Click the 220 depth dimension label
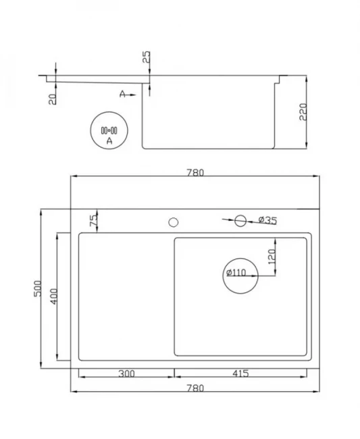point(303,111)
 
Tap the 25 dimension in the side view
point(146,57)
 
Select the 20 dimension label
point(53,99)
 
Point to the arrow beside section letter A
point(131,95)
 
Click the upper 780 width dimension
point(195,173)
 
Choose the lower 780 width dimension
point(195,388)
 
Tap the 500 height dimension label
point(38,288)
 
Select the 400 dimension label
point(53,296)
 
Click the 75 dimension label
point(94,220)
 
